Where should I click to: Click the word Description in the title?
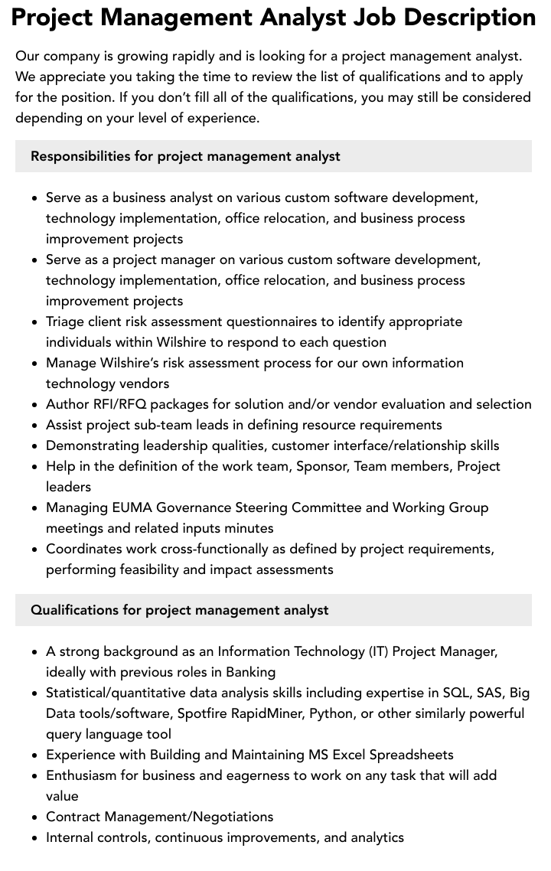tap(464, 17)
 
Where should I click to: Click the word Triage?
tap(65, 321)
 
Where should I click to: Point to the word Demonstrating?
tap(92, 445)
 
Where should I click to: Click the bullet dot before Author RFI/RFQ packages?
tap(34, 405)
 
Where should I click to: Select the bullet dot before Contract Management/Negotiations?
tap(34, 817)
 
